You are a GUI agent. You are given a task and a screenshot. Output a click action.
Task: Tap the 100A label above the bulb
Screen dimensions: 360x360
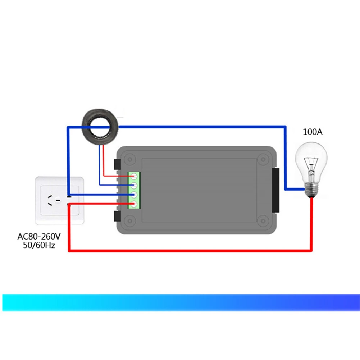pos(313,132)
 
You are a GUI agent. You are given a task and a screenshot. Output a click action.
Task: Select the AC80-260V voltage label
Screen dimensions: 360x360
pos(39,237)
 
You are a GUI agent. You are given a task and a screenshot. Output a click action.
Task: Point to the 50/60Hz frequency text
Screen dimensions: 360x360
pos(39,246)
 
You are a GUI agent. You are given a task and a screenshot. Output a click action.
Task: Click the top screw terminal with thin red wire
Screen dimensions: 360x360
pos(135,176)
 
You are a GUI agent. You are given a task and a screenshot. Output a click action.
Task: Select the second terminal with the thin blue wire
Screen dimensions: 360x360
pos(135,186)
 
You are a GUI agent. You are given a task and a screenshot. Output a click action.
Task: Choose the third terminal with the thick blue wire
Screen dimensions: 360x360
pos(135,195)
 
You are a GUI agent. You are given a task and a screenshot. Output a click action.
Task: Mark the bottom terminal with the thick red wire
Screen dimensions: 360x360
pos(135,204)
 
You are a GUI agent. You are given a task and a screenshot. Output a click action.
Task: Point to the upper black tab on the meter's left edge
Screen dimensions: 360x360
pos(117,165)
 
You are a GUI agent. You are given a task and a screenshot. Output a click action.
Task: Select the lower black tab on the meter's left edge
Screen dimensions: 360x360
pos(117,216)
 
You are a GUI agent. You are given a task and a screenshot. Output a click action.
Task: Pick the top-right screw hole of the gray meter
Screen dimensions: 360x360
pos(263,158)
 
